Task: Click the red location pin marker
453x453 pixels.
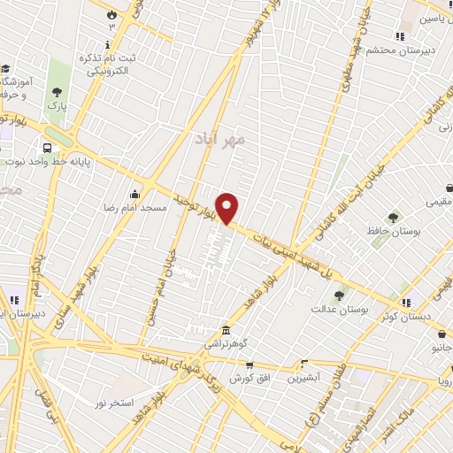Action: pos(228,207)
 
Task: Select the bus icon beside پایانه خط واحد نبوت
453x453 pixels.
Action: pos(46,148)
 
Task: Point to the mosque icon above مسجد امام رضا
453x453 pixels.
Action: pos(134,194)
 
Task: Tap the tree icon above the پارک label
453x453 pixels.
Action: pos(57,91)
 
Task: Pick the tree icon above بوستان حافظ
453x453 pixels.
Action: pos(393,217)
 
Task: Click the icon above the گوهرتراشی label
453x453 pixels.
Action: pos(226,329)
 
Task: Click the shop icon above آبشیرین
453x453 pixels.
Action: pos(303,364)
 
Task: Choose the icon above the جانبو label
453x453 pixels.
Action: pos(441,334)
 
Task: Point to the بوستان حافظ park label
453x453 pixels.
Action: pos(394,230)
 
